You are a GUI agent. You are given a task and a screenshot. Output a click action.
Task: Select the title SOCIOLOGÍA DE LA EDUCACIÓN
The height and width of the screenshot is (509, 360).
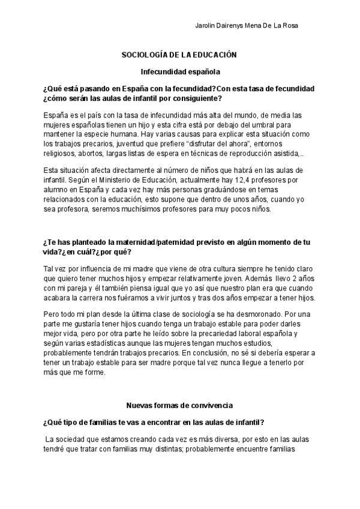[x=179, y=55]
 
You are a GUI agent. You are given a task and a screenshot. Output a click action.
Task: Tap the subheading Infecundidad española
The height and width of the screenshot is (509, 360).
[x=180, y=71]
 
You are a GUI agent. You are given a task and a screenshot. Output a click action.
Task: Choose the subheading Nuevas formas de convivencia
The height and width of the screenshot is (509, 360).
[x=179, y=389]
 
